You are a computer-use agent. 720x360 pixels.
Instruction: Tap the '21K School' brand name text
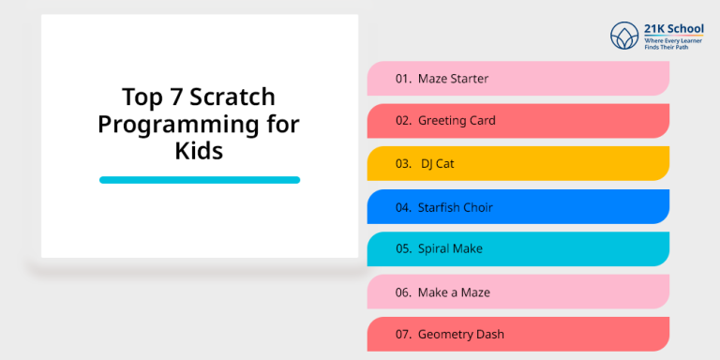coord(672,28)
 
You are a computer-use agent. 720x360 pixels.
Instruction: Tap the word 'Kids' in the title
coord(200,150)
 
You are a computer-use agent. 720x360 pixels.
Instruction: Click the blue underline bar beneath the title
coord(200,180)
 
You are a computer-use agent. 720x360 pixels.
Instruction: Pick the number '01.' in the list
coord(404,79)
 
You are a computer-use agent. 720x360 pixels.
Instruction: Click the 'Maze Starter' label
coord(453,79)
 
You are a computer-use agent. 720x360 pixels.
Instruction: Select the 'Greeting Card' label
coord(457,121)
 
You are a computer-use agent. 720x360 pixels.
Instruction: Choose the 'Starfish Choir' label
coord(456,206)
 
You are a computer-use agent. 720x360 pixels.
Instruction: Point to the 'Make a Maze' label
coord(454,292)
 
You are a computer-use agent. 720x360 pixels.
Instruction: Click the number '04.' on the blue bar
coord(404,206)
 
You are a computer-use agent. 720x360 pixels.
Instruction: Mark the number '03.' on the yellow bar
coord(404,164)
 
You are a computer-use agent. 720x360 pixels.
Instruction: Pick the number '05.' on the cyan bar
coord(404,249)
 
